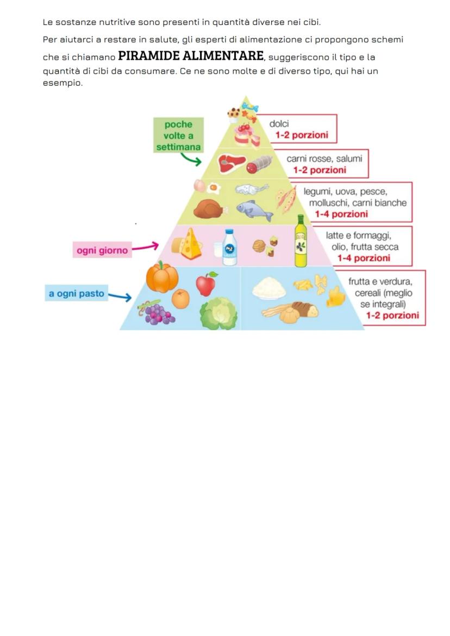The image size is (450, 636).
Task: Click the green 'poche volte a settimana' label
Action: [x=178, y=136]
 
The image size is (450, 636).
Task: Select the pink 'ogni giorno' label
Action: [x=102, y=250]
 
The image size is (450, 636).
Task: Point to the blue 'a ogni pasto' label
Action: [x=76, y=294]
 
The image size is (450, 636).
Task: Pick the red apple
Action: [x=206, y=284]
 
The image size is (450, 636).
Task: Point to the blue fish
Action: [x=254, y=210]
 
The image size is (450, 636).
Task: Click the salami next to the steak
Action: [x=260, y=163]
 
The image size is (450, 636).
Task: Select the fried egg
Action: [x=214, y=189]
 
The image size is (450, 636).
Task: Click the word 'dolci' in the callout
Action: [x=279, y=124]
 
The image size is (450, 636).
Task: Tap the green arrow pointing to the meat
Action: [x=191, y=159]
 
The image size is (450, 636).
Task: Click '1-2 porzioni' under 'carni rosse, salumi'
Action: [x=320, y=170]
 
